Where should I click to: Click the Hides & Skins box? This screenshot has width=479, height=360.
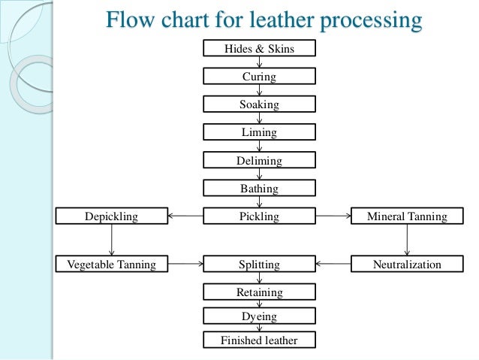[259, 49]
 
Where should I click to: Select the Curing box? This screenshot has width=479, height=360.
[259, 77]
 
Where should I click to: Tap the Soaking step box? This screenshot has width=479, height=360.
[259, 104]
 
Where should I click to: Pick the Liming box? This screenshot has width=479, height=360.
[259, 132]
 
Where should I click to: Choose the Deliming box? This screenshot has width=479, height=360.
[259, 161]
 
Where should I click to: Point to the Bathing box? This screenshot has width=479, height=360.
[259, 189]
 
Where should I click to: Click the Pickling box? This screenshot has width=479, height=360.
[259, 216]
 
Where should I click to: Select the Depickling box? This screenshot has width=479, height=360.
[112, 216]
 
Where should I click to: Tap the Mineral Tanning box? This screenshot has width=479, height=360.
[407, 216]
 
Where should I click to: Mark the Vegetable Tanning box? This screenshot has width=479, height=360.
[112, 265]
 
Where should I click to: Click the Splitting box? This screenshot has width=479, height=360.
[259, 265]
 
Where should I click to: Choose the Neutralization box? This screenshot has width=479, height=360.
[407, 265]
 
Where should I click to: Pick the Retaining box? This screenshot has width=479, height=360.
[259, 292]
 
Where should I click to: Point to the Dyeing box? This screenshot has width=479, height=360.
[259, 317]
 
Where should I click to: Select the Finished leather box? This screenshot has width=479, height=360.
[259, 340]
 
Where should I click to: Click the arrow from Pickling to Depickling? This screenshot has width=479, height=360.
[185, 216]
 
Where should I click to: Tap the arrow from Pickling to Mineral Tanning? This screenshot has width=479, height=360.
[333, 216]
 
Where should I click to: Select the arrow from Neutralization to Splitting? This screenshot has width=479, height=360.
[333, 265]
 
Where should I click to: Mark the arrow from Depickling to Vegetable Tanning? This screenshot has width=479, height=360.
[112, 241]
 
